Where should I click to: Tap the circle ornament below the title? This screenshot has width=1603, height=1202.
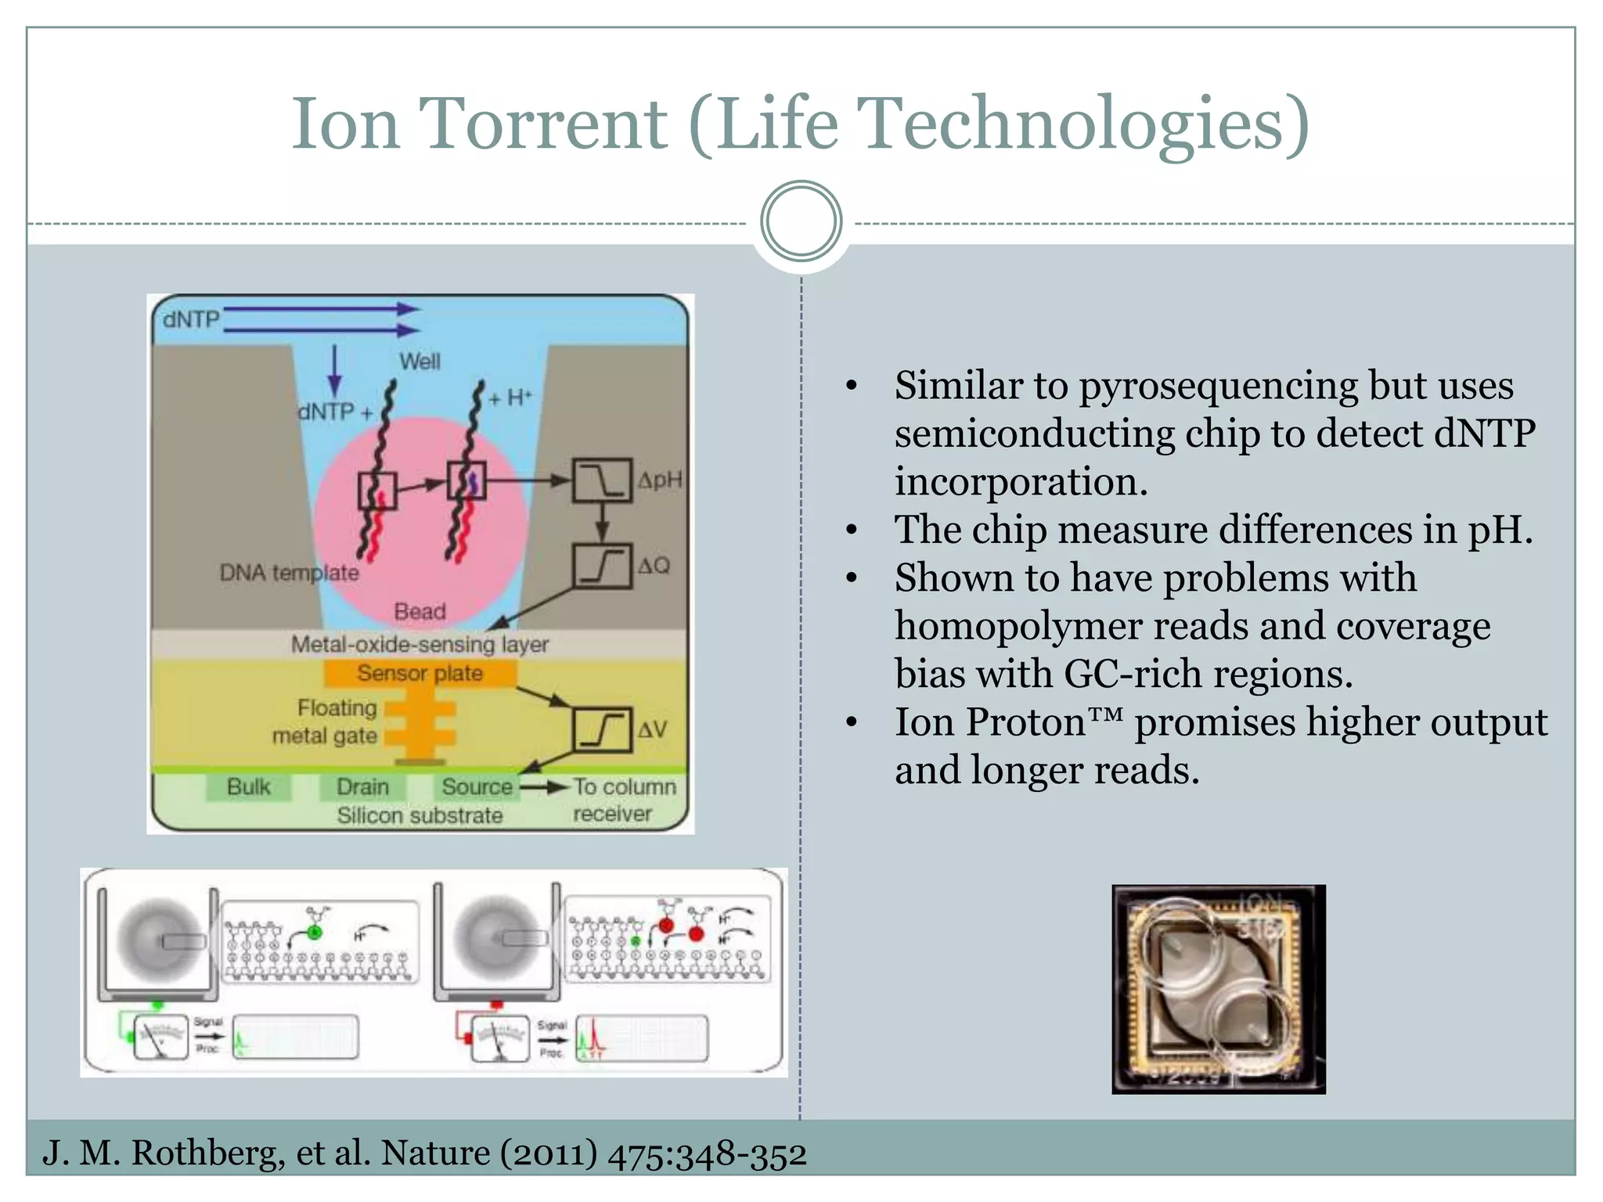(x=801, y=221)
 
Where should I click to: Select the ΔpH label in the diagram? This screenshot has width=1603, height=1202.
(x=659, y=480)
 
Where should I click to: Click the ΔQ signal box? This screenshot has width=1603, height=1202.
(x=602, y=565)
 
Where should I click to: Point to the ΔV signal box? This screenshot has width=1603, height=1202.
(x=602, y=729)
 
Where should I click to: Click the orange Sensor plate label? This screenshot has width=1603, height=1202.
(x=420, y=673)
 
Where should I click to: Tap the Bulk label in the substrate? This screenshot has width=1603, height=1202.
(x=248, y=786)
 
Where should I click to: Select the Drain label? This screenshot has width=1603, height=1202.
(x=362, y=786)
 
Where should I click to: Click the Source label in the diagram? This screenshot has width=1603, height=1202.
(x=477, y=786)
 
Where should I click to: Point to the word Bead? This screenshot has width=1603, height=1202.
(x=420, y=611)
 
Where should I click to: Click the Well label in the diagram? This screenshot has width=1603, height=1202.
(x=420, y=362)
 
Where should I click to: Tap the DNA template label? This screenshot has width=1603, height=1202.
(x=289, y=573)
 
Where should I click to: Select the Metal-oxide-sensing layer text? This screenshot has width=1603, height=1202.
(x=420, y=644)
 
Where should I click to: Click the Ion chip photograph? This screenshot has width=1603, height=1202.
(x=1218, y=989)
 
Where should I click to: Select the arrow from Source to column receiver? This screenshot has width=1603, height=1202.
(x=545, y=786)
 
